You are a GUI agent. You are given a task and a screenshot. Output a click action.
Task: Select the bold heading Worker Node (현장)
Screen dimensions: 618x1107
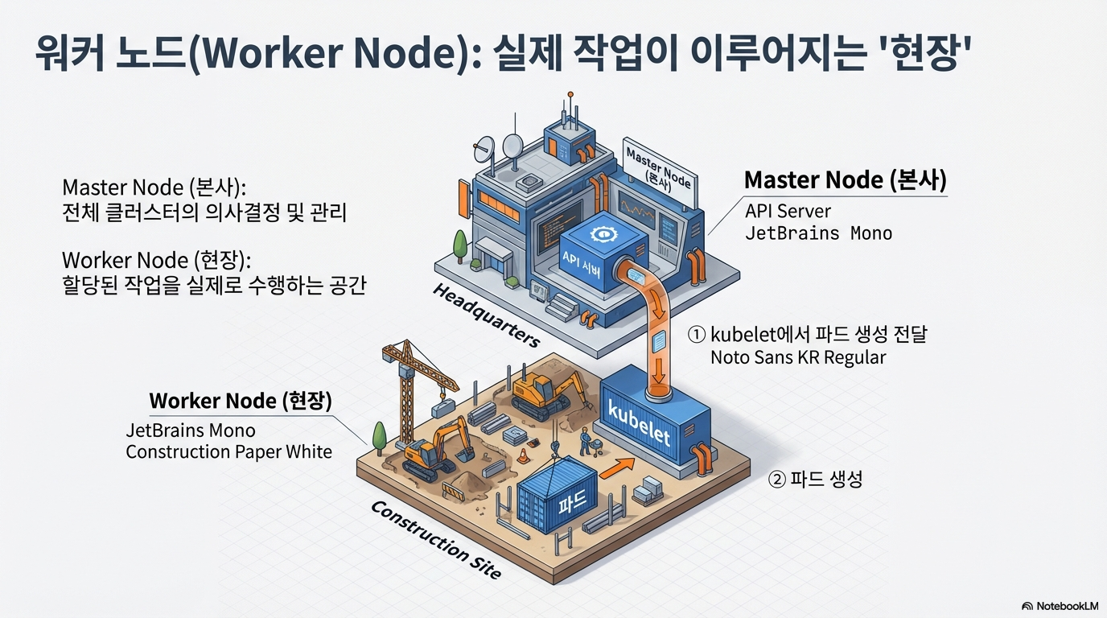coord(241,401)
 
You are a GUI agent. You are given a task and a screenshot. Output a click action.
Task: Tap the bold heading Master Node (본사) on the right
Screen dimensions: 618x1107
coord(845,179)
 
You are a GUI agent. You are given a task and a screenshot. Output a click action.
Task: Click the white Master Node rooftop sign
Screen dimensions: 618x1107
coord(657,167)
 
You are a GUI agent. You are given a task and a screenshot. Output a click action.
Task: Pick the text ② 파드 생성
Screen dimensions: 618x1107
coord(816,480)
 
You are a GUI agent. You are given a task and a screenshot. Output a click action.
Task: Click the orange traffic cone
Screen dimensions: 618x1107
coord(523,455)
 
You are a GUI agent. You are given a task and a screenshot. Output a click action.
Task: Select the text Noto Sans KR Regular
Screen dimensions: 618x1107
coord(798,357)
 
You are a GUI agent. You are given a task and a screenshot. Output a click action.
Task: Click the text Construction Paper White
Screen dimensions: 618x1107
coord(229,451)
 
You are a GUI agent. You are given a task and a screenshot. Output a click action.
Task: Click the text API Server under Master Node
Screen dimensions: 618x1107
coord(788,211)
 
